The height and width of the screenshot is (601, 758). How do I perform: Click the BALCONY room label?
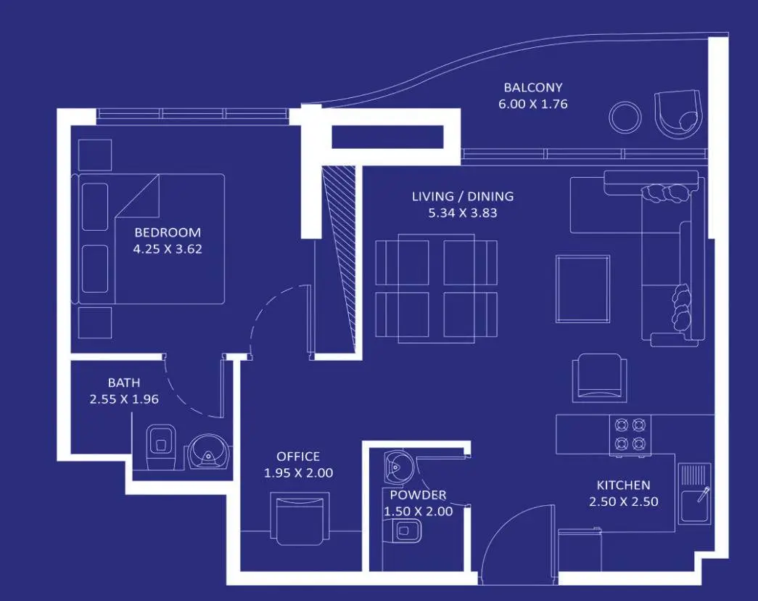[532, 88]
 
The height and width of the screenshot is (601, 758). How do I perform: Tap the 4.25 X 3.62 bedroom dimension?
[168, 249]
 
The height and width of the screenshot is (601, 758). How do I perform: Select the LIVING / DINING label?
[463, 197]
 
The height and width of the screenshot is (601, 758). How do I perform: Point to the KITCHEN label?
[623, 485]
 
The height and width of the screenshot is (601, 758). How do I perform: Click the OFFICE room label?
[298, 457]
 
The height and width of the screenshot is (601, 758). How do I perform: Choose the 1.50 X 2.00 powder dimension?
[418, 512]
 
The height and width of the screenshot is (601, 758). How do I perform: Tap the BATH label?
[124, 383]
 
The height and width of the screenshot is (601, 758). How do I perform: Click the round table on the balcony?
[625, 117]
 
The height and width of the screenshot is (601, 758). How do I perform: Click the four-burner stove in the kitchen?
[630, 435]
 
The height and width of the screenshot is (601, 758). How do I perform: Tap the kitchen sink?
[694, 494]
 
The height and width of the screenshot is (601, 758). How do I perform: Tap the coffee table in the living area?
[582, 289]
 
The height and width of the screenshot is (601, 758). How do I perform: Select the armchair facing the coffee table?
[599, 377]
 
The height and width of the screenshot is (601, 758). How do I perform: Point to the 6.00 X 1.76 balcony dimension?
[532, 104]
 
